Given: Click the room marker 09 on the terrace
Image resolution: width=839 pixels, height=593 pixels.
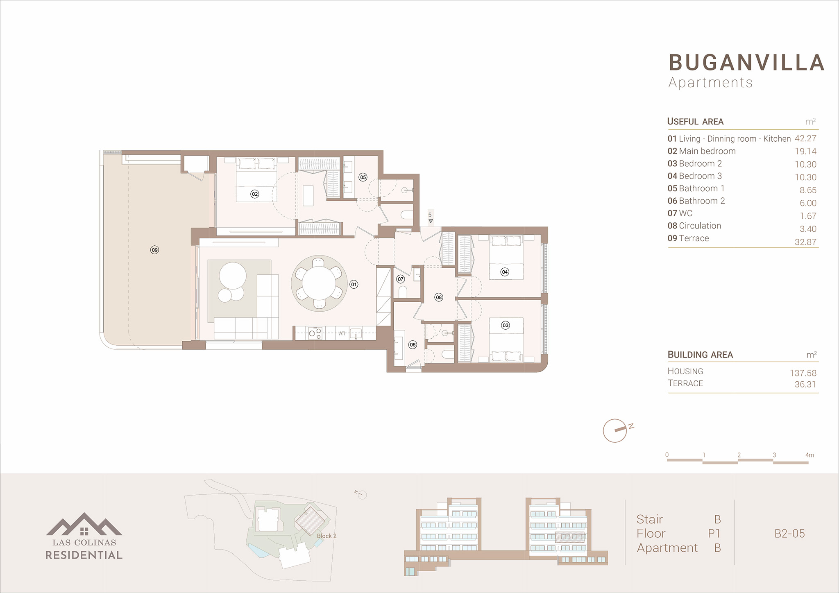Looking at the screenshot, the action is coord(154,250).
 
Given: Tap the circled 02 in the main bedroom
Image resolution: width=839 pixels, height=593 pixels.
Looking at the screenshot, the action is coord(255,194).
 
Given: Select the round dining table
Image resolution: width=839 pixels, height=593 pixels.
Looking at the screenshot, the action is coord(319,283).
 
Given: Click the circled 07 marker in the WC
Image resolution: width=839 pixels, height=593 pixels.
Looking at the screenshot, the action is coord(400,279).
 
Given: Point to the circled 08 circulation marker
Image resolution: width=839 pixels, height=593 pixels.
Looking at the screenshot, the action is coord(439,297).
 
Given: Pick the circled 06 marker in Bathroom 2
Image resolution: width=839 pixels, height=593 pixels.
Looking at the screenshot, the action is coord(413,345).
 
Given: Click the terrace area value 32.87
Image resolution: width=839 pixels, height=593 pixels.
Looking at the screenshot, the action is coord(805,242).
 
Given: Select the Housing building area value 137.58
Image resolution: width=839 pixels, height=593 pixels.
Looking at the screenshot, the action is coord(803,373).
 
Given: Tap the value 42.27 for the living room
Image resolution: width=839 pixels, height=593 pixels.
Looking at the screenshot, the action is coord(805,138).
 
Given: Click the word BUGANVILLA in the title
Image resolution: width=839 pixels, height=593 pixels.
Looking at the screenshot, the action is coord(746,63).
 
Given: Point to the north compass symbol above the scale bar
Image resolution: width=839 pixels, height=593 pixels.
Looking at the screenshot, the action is coord(616,430).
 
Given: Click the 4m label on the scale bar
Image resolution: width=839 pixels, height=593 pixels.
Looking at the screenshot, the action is coord(810,455).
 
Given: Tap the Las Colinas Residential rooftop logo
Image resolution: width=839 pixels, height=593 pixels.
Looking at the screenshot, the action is coord(84,524).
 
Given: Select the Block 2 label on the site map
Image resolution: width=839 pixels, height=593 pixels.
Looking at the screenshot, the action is coord(327,536).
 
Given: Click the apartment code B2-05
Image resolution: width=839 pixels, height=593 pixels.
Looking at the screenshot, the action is coord(789,534).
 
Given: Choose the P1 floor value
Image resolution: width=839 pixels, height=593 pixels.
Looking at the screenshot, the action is coord(714,534).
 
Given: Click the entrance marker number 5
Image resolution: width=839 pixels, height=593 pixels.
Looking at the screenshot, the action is coord(430,215).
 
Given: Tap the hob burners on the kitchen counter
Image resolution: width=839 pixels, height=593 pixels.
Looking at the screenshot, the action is coord(315,333).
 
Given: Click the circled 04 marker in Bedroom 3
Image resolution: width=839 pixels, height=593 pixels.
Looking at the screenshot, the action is coord(505,272).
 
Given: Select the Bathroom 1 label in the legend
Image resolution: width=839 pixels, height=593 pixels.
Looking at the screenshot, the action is coord(701,188).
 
